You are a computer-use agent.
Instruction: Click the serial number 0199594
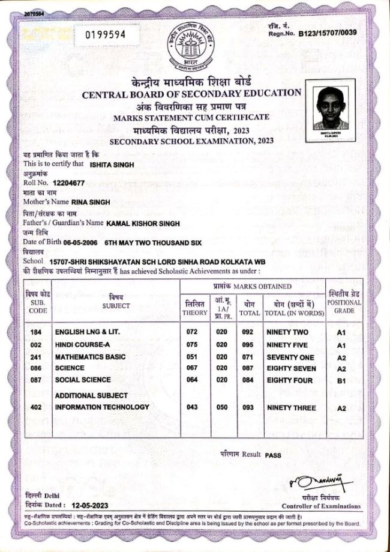(105, 34)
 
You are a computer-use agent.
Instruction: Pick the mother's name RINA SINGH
(91, 202)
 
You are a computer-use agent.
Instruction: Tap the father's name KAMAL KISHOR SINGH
(144, 222)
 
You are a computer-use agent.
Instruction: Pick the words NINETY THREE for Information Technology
(289, 407)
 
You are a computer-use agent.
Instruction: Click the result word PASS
(273, 455)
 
